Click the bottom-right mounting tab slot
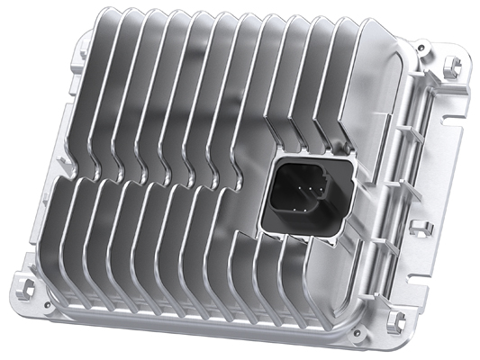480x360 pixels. coord(394,321)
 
